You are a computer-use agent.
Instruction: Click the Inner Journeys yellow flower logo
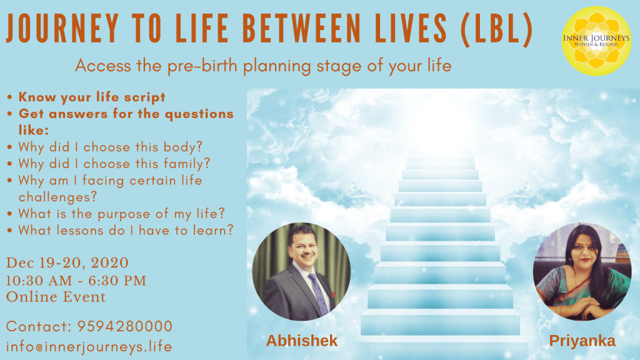click(596, 41)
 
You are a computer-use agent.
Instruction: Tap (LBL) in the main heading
click(496, 29)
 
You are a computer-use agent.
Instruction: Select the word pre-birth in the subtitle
click(202, 66)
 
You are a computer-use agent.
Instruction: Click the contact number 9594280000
click(125, 326)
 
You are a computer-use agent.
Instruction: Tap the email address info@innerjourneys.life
click(89, 346)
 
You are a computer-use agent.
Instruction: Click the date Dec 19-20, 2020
click(67, 263)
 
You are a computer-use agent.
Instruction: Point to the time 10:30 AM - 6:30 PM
click(76, 281)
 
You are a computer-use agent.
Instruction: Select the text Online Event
click(56, 297)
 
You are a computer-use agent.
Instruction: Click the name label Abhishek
click(302, 341)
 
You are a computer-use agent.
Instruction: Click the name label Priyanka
click(582, 341)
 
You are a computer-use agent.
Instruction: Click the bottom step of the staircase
click(440, 324)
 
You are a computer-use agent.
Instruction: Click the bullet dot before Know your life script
click(10, 97)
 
